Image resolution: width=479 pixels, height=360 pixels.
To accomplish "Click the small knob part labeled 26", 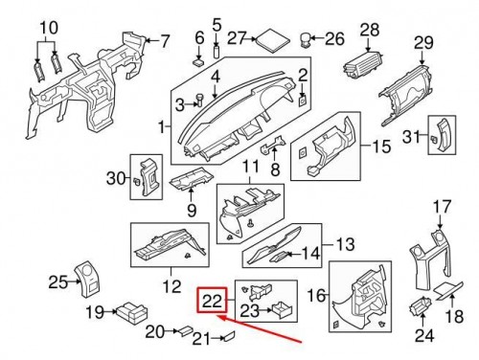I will coord(308,40).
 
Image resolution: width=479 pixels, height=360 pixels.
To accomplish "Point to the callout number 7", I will coord(164,40).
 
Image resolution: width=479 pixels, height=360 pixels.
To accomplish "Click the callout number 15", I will coord(381,146).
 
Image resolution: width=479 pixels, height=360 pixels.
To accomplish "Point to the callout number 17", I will coord(441,206).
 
